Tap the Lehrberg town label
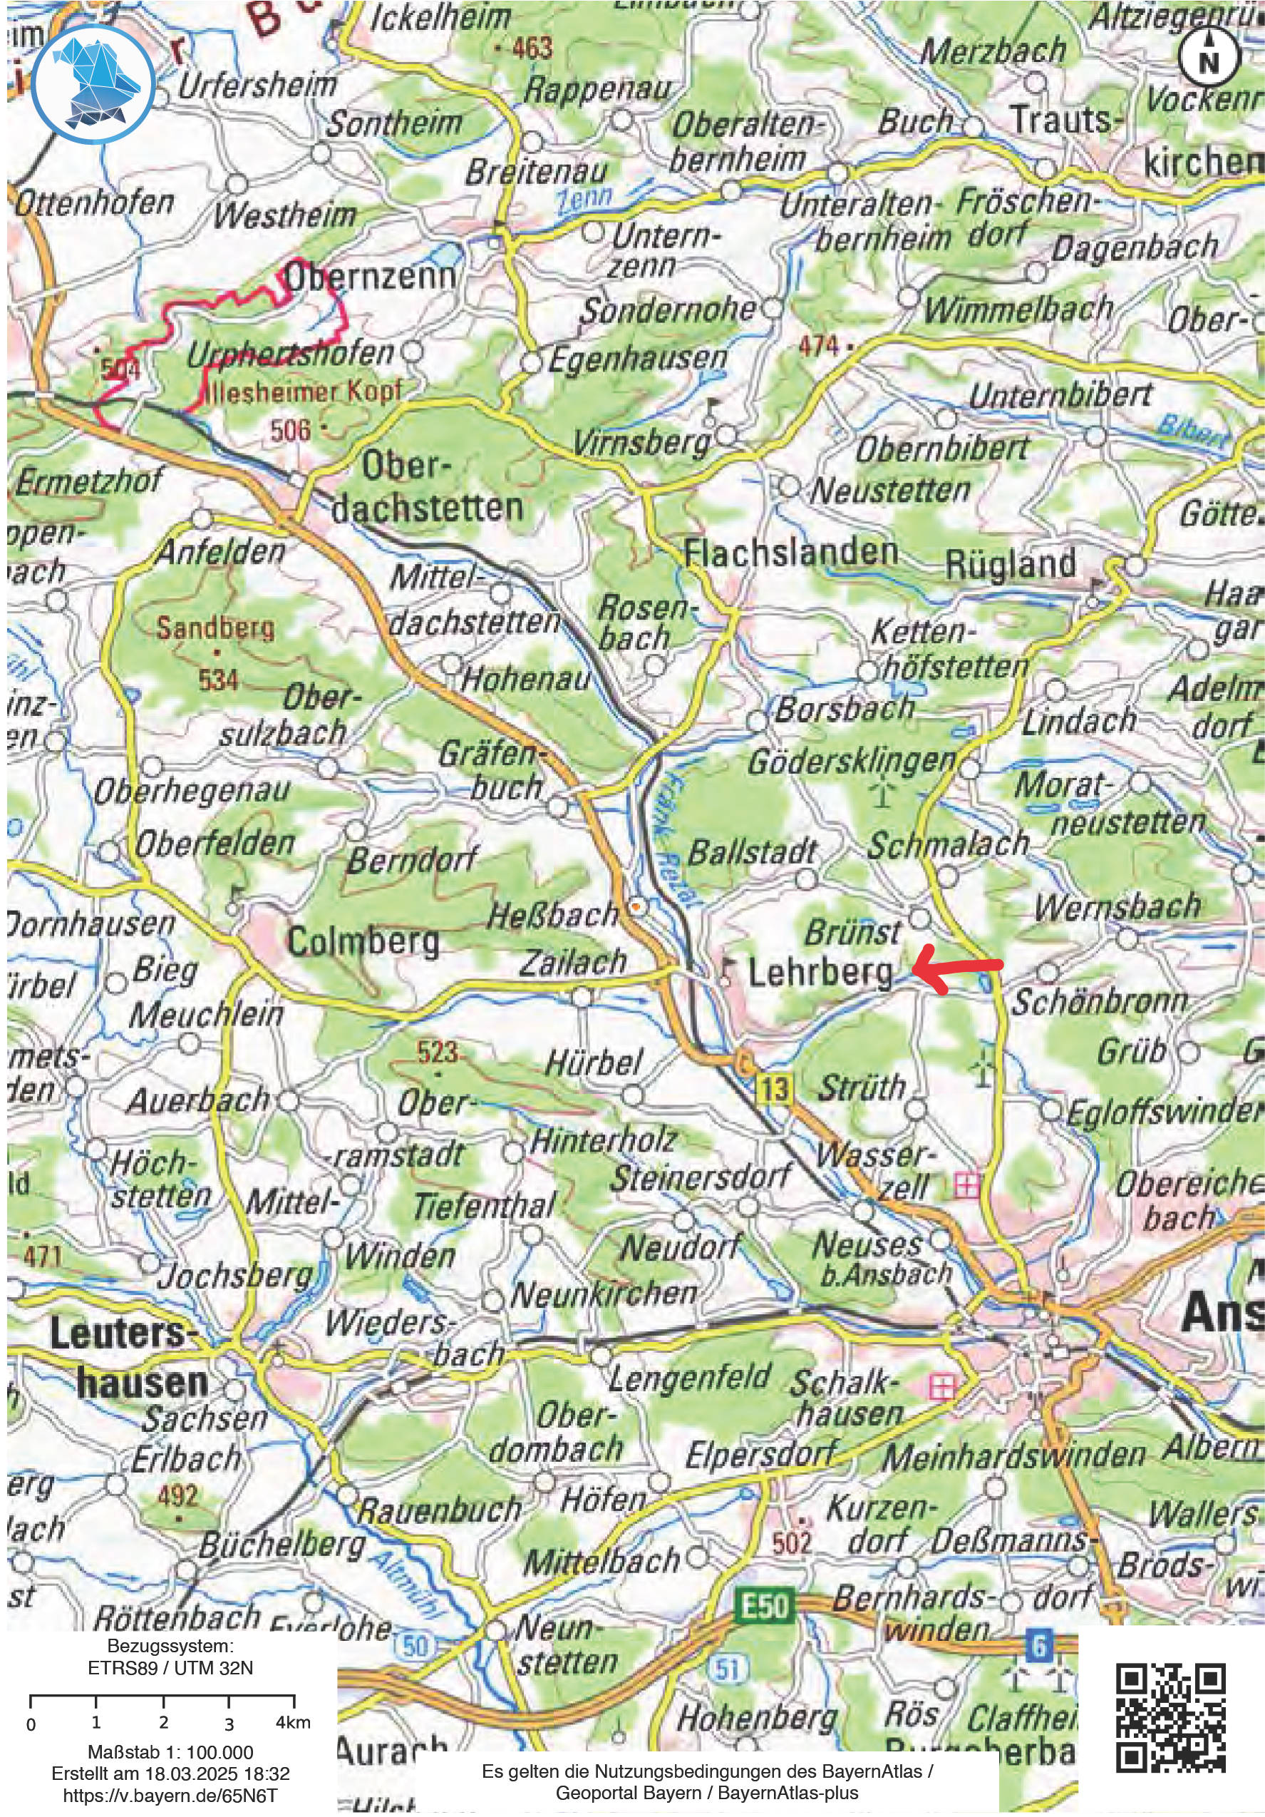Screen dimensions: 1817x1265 click(820, 974)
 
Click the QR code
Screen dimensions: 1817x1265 click(1172, 1717)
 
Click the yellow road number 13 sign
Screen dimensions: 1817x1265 click(775, 1090)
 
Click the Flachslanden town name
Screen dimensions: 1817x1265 click(790, 553)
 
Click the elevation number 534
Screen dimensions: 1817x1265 click(217, 679)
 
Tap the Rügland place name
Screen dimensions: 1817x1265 click(1011, 564)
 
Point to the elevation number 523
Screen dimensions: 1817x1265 click(438, 1052)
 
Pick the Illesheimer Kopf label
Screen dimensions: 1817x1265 click(303, 391)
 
